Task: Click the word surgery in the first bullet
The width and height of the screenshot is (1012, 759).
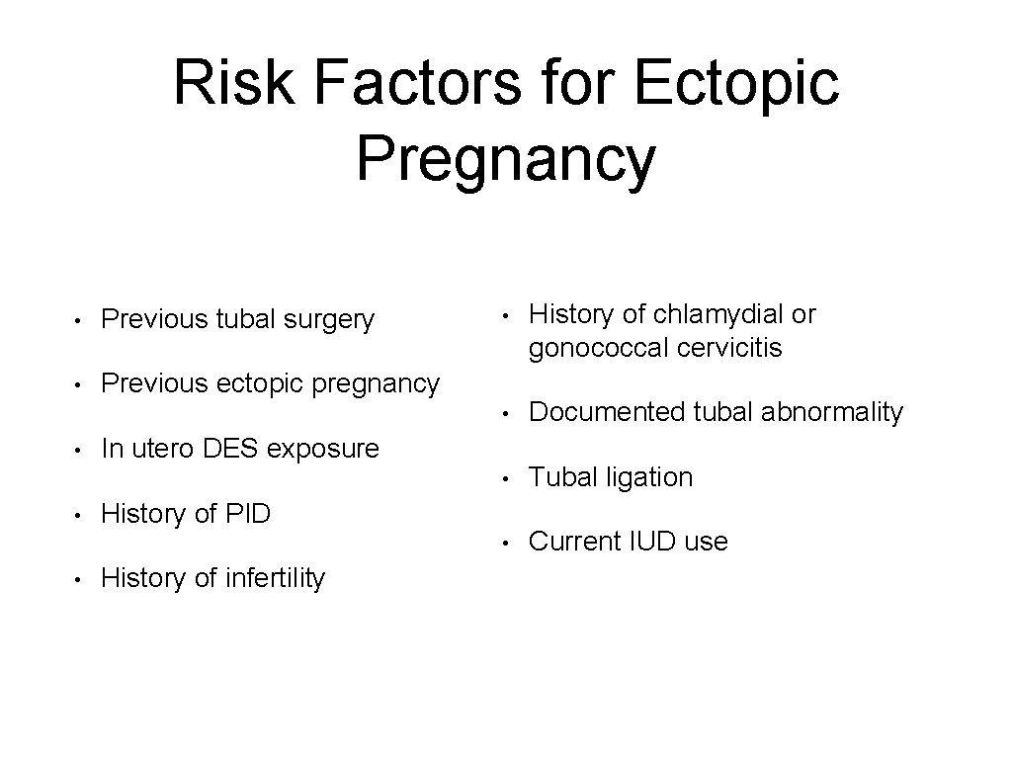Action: click(329, 319)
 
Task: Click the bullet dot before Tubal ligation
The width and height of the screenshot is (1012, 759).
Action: click(505, 479)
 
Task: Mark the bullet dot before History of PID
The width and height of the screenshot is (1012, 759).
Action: click(77, 515)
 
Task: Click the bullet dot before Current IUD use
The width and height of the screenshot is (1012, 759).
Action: click(505, 543)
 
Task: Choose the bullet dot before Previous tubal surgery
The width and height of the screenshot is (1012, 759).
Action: click(77, 320)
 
